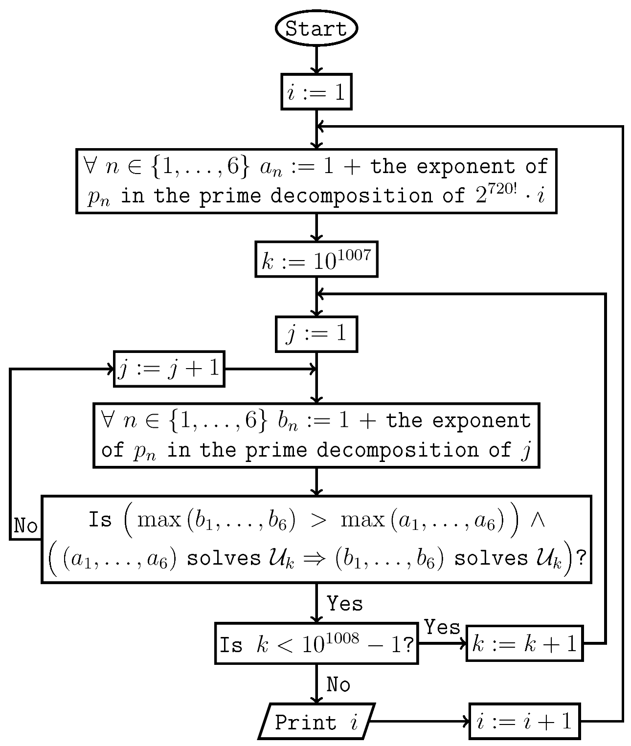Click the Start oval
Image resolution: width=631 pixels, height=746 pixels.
pos(316,28)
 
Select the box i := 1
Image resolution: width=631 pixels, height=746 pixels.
pos(316,91)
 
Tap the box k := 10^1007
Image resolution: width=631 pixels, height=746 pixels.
pos(316,259)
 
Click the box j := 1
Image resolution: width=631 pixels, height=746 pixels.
pos(316,334)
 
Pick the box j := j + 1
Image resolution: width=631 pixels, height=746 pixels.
pos(169,369)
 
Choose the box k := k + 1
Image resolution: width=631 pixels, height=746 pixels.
pos(524,643)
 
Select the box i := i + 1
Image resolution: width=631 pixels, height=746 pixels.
pos(524,721)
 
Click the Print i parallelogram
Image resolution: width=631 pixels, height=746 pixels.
pos(316,721)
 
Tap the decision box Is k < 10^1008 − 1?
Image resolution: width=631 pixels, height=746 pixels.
pos(316,643)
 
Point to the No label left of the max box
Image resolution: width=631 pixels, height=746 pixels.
pos(25,526)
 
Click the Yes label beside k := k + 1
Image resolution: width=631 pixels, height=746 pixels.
pos(442,627)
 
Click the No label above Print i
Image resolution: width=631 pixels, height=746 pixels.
pos(338,684)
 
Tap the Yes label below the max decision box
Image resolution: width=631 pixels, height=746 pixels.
pos(345,604)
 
